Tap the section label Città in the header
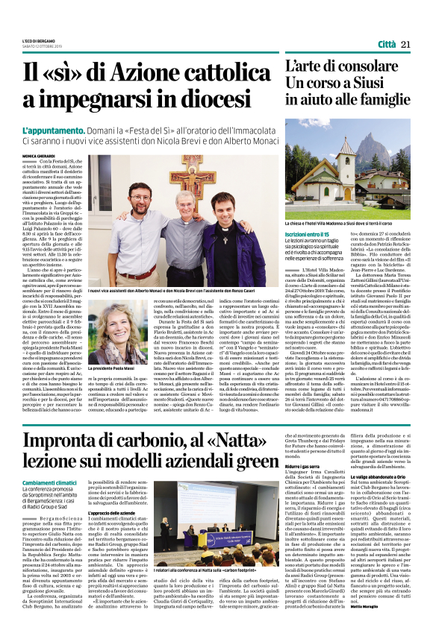[387, 45]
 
